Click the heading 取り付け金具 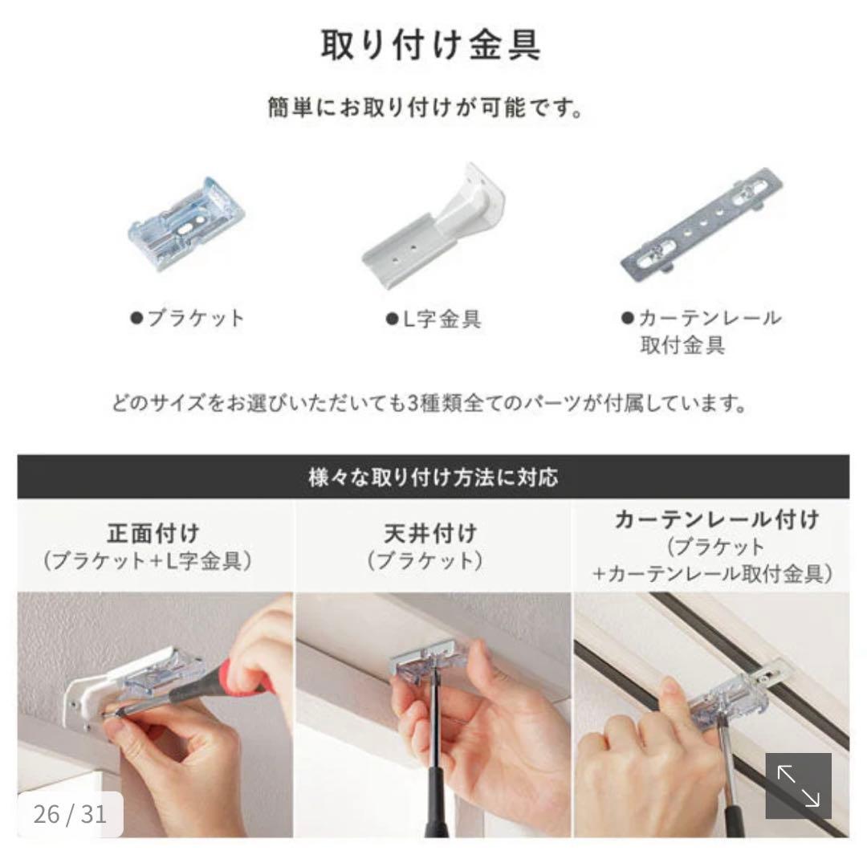coord(431,46)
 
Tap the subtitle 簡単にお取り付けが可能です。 coord(425,108)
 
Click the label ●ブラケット coord(186,318)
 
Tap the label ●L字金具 coord(433,320)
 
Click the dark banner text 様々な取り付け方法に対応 coord(433,478)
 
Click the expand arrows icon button coord(797,786)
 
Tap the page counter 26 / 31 coord(70,814)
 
